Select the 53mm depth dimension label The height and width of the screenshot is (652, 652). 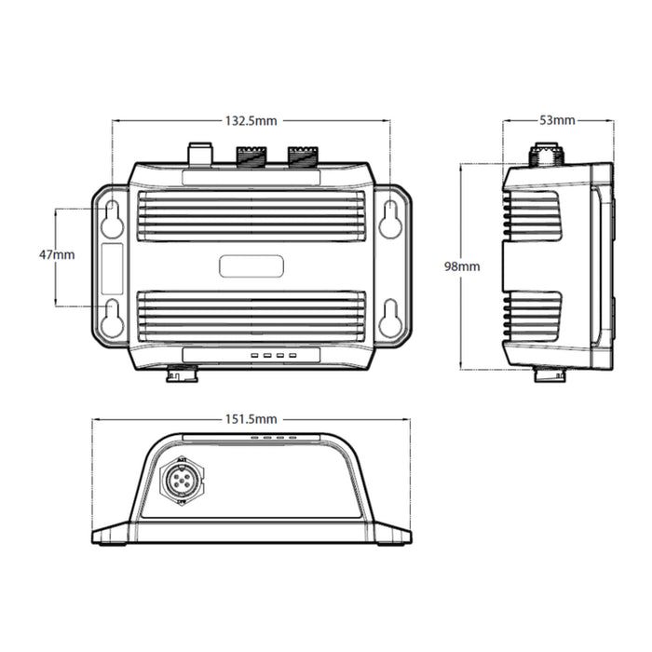click(558, 120)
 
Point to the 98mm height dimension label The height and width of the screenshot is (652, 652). click(462, 266)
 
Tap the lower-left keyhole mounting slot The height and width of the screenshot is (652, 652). click(112, 318)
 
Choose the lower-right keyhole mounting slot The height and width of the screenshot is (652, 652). click(390, 318)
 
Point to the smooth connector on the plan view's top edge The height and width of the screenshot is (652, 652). click(200, 152)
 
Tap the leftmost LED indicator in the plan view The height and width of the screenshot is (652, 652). click(253, 355)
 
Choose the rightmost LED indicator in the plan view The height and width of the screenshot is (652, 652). click(292, 355)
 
